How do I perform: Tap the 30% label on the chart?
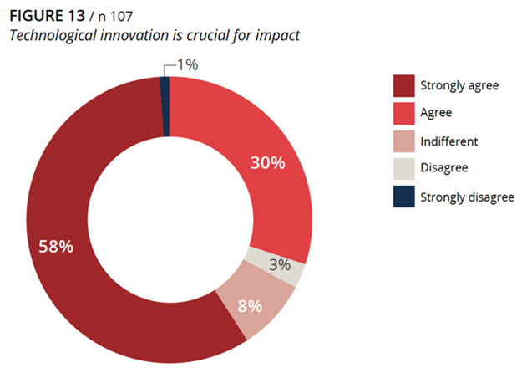(x=267, y=162)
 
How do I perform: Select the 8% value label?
(x=250, y=305)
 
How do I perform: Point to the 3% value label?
(x=280, y=265)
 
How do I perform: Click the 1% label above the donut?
(x=188, y=64)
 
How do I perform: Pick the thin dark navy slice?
(x=165, y=105)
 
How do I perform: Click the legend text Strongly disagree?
(x=467, y=197)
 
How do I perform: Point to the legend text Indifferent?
(x=449, y=141)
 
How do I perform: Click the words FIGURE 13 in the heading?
(x=45, y=16)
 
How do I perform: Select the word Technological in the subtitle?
(x=50, y=36)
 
